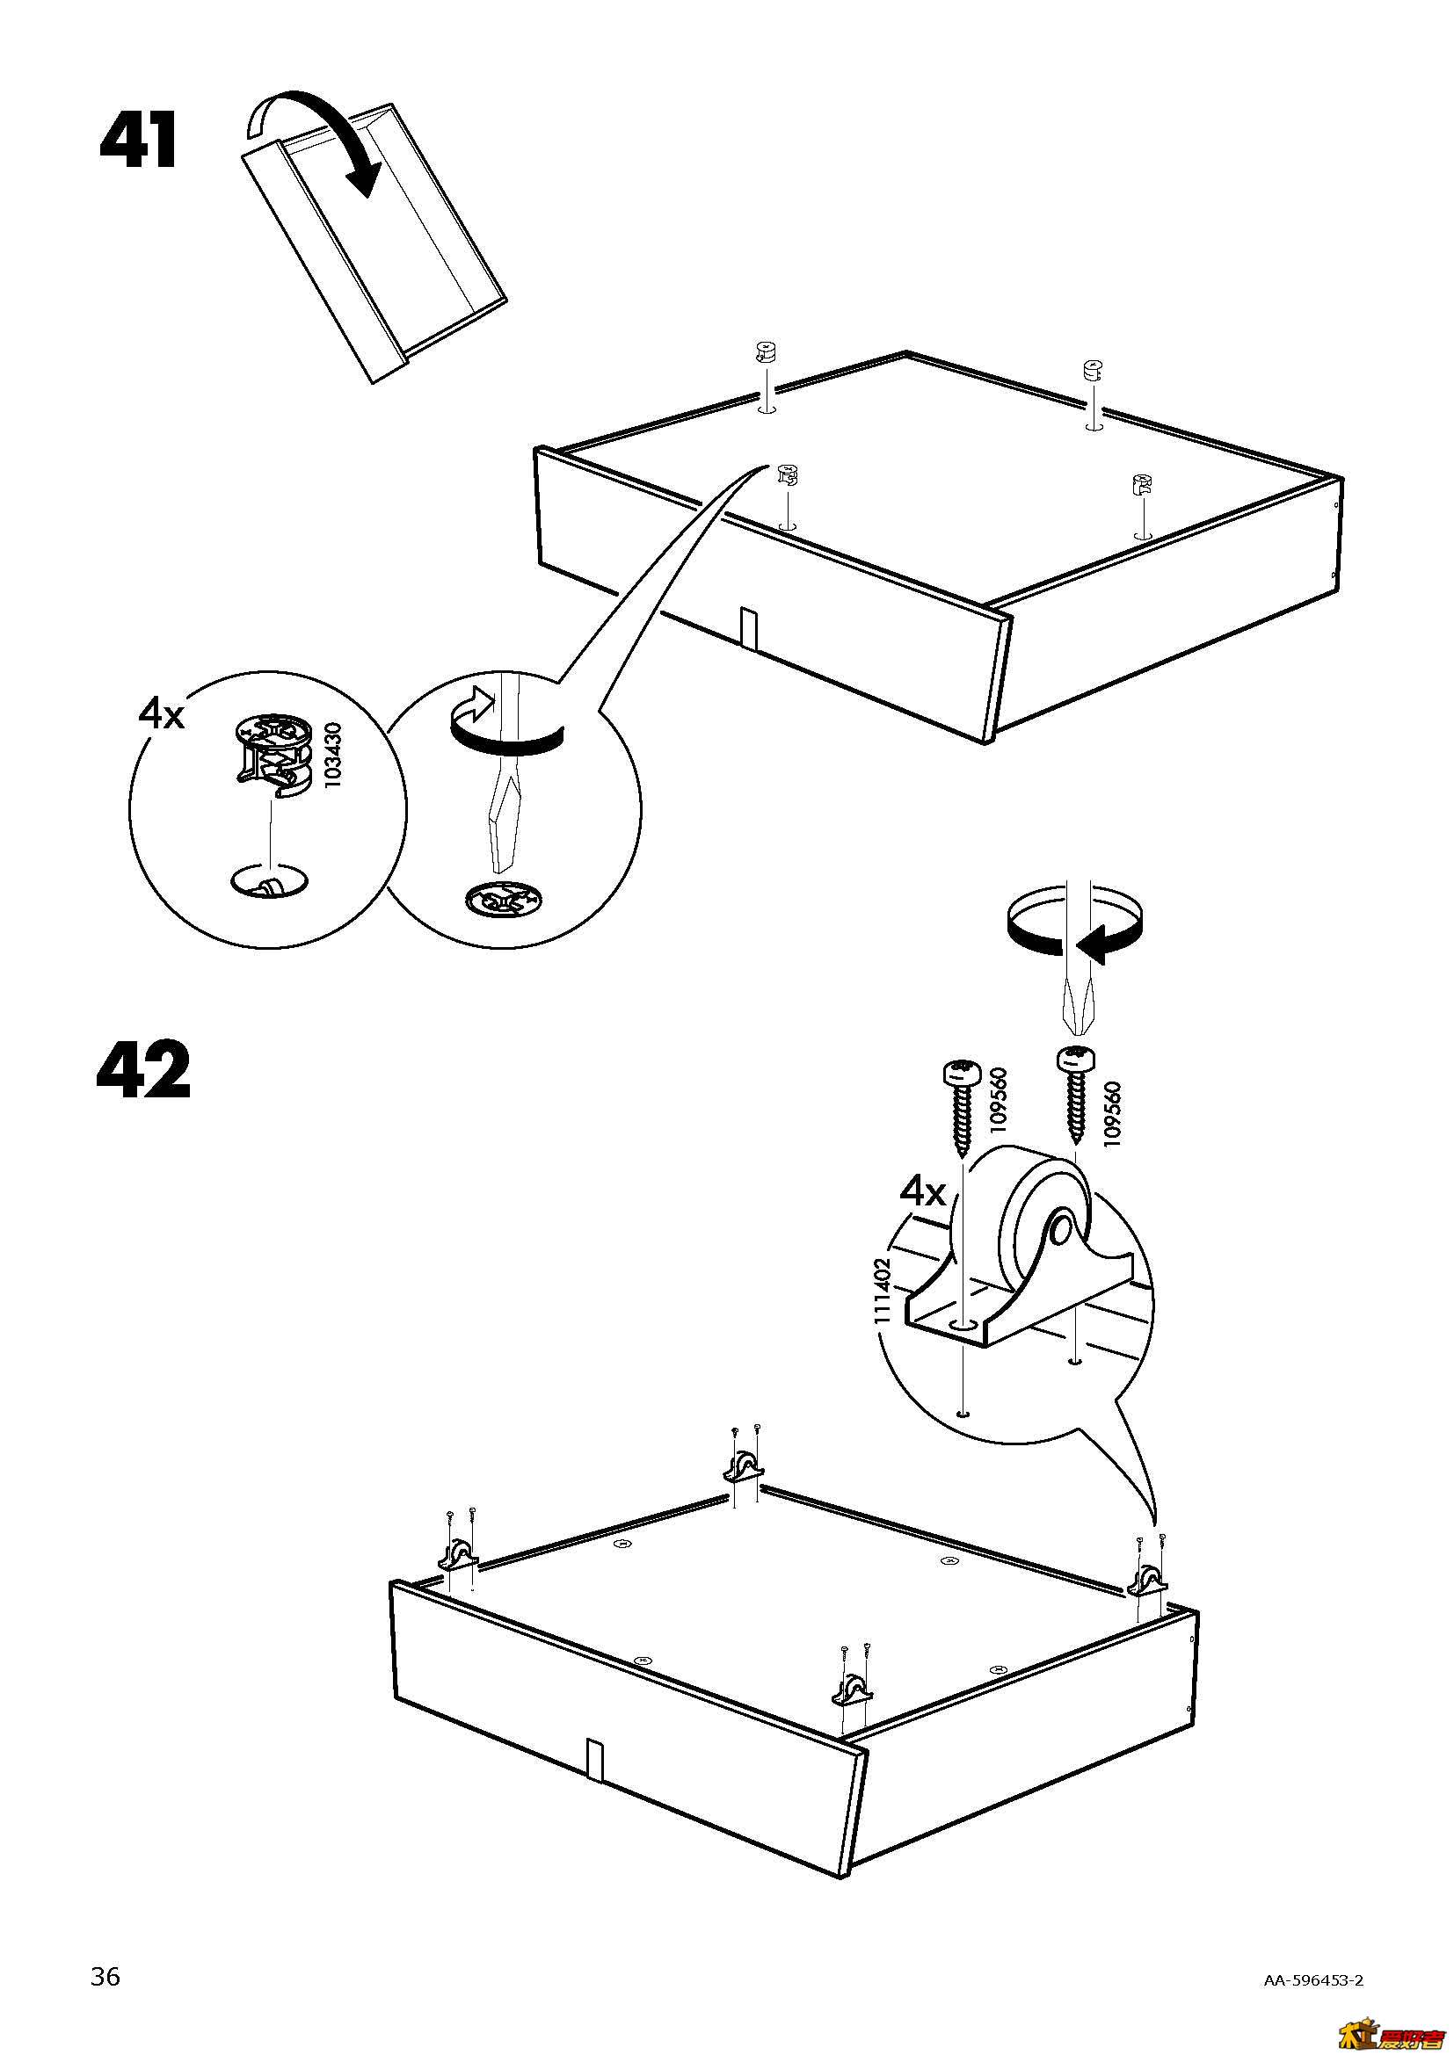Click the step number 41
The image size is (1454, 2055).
point(139,141)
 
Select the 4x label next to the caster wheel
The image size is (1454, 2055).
point(922,1192)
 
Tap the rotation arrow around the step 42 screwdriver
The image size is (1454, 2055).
point(1072,930)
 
